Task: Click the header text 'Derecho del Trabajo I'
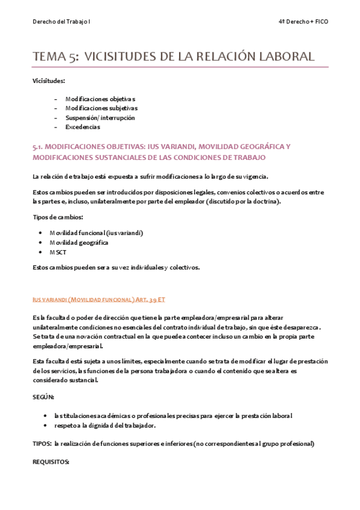[x=61, y=22]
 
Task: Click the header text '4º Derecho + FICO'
[x=304, y=22]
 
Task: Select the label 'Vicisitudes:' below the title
[x=49, y=80]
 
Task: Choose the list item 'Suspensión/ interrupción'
[x=100, y=117]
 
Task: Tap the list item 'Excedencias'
[x=82, y=127]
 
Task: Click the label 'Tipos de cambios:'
[x=58, y=217]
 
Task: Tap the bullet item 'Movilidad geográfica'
[x=78, y=242]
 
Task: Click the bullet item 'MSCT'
[x=58, y=252]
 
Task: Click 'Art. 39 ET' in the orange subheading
[x=150, y=299]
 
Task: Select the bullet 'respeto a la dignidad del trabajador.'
[x=104, y=425]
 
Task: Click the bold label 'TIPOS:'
[x=42, y=444]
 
